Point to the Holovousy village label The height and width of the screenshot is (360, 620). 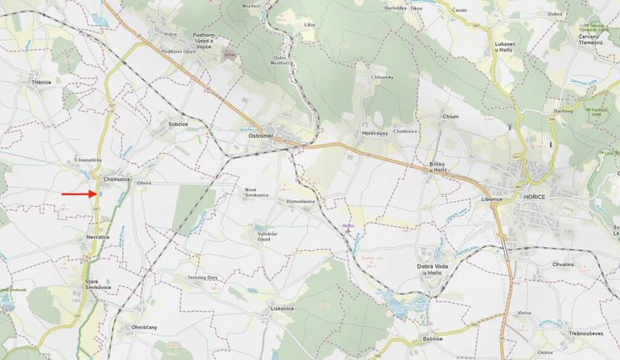click(375, 134)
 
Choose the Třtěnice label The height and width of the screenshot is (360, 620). click(42, 82)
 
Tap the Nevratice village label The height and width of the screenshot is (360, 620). click(98, 237)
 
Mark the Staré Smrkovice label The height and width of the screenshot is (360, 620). click(98, 284)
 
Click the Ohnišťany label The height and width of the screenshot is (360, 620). click(142, 327)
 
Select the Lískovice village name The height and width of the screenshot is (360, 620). click(282, 308)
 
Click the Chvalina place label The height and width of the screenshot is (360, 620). click(562, 264)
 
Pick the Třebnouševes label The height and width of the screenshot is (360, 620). click(585, 333)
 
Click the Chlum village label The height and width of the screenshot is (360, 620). click(451, 117)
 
